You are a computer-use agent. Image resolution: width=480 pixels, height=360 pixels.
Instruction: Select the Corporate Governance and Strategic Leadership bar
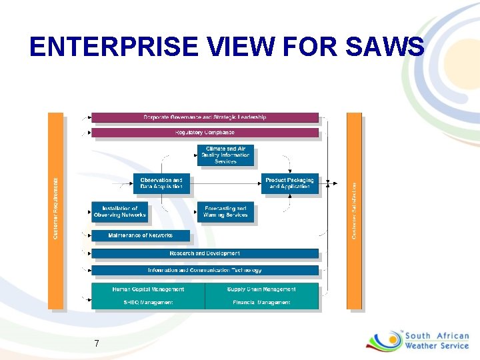[x=205, y=117]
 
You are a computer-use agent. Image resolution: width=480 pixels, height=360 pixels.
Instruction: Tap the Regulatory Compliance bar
[x=205, y=133]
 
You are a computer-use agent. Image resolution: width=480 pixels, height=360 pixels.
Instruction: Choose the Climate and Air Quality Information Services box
[x=225, y=155]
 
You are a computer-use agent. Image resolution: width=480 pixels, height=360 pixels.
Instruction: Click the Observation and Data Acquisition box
[x=161, y=183]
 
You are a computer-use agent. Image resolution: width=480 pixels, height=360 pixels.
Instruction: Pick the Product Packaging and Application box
[x=289, y=183]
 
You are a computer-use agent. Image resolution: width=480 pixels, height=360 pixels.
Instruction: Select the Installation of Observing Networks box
[x=119, y=212]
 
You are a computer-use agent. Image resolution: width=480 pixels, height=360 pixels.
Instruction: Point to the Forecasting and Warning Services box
[x=225, y=212]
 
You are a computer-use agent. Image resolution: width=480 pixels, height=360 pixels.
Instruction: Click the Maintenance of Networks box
[x=140, y=235]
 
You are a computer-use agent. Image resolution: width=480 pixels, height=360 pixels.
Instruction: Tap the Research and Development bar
[x=205, y=253]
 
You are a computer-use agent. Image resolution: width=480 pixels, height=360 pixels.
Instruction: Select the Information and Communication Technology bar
[x=205, y=270]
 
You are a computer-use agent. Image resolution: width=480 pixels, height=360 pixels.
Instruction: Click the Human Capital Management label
[x=148, y=289]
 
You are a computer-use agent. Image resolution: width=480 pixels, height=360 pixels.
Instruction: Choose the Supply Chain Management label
[x=261, y=289]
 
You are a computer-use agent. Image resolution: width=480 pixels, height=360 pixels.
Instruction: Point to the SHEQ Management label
[x=148, y=303]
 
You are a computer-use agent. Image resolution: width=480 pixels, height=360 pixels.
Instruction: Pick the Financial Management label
[x=261, y=303]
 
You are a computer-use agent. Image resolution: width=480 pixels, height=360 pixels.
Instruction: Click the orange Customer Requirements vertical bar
[x=56, y=210]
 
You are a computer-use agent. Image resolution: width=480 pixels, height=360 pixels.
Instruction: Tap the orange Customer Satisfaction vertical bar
[x=354, y=210]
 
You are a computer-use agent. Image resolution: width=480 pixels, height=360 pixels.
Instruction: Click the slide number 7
[x=97, y=343]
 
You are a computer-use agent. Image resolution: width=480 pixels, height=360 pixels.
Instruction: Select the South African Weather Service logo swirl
[x=384, y=341]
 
